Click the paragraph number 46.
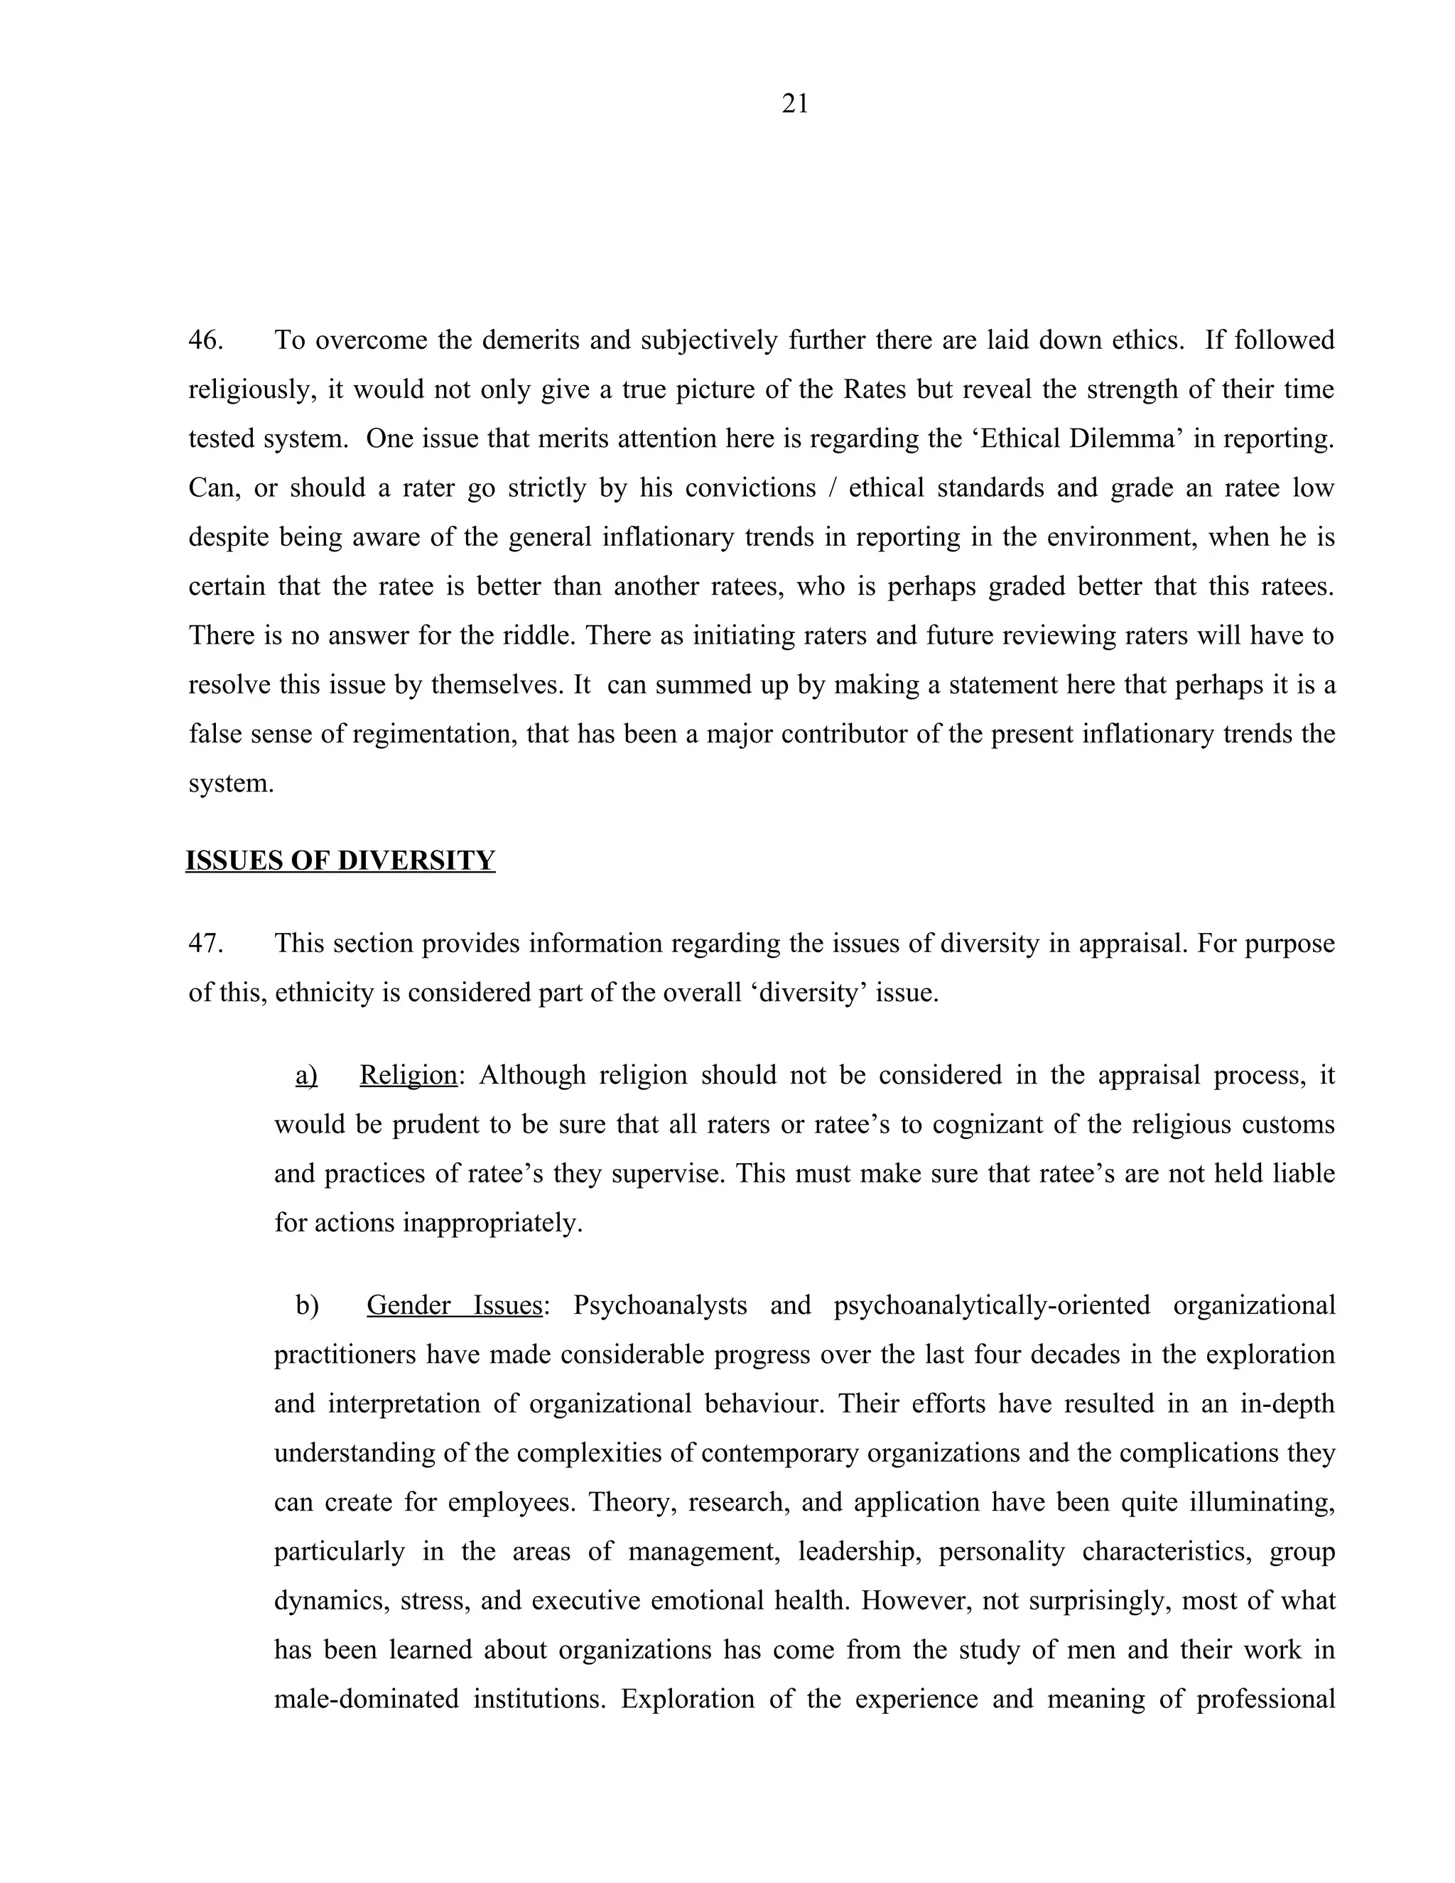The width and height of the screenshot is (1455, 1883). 205,340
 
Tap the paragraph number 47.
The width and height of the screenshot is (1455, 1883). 205,943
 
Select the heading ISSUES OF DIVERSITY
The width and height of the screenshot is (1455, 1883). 340,860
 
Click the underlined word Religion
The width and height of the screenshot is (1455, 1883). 408,1075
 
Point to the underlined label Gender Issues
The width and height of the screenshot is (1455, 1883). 454,1305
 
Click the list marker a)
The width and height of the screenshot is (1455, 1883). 306,1075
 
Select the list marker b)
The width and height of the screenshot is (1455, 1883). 307,1305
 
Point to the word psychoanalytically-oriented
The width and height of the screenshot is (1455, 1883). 991,1305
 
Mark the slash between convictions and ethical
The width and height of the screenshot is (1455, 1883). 831,488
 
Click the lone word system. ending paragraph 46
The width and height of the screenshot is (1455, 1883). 231,783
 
